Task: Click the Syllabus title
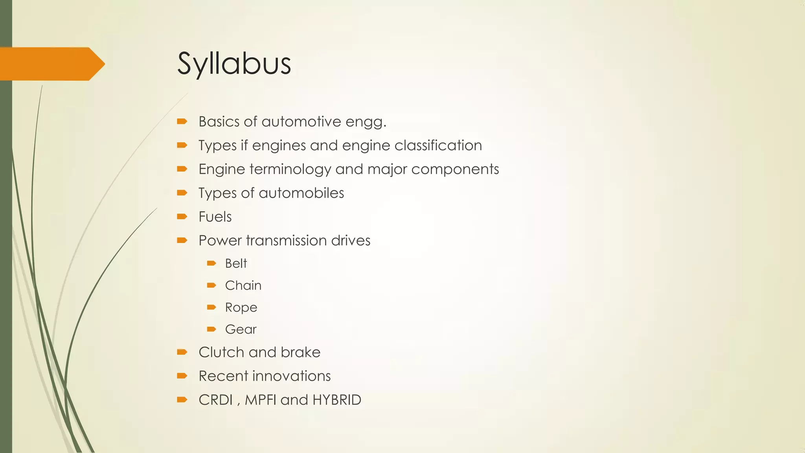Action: tap(234, 64)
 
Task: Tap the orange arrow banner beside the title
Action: tap(51, 64)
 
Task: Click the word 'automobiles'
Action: tap(301, 193)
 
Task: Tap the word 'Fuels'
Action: tap(215, 217)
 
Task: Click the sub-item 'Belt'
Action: tap(236, 263)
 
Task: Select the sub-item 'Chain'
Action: tap(243, 285)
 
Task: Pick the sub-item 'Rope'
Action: tap(241, 307)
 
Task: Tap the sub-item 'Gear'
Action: tap(241, 329)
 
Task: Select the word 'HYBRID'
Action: tap(336, 400)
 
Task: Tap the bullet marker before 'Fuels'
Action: tap(182, 216)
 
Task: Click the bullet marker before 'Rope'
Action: tap(211, 307)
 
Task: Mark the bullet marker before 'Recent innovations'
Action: tap(182, 376)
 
